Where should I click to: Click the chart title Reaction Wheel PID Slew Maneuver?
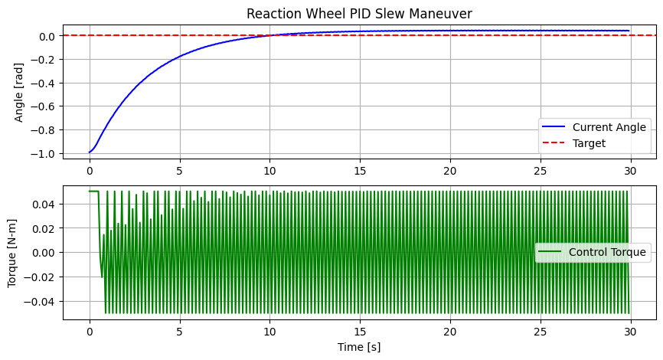click(x=360, y=13)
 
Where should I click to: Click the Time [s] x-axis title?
click(x=360, y=347)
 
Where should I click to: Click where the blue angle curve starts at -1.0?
click(x=90, y=152)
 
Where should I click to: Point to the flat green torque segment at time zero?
click(x=93, y=191)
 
